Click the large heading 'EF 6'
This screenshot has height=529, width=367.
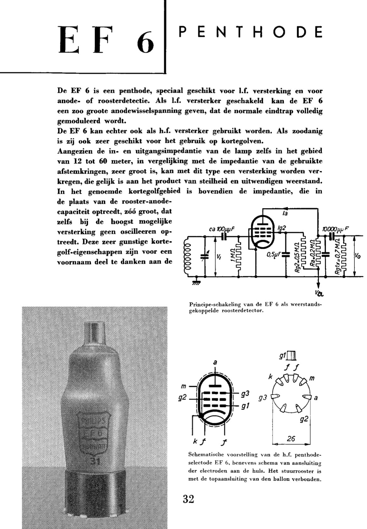[x=106, y=40]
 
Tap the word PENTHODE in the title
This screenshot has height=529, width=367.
[x=250, y=32]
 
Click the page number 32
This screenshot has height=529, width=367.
[x=188, y=499]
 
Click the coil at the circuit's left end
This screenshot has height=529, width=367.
[x=188, y=256]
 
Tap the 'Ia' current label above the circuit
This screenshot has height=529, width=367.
[x=286, y=214]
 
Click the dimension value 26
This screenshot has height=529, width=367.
[x=291, y=438]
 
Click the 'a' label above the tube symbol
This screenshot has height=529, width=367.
[x=215, y=363]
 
